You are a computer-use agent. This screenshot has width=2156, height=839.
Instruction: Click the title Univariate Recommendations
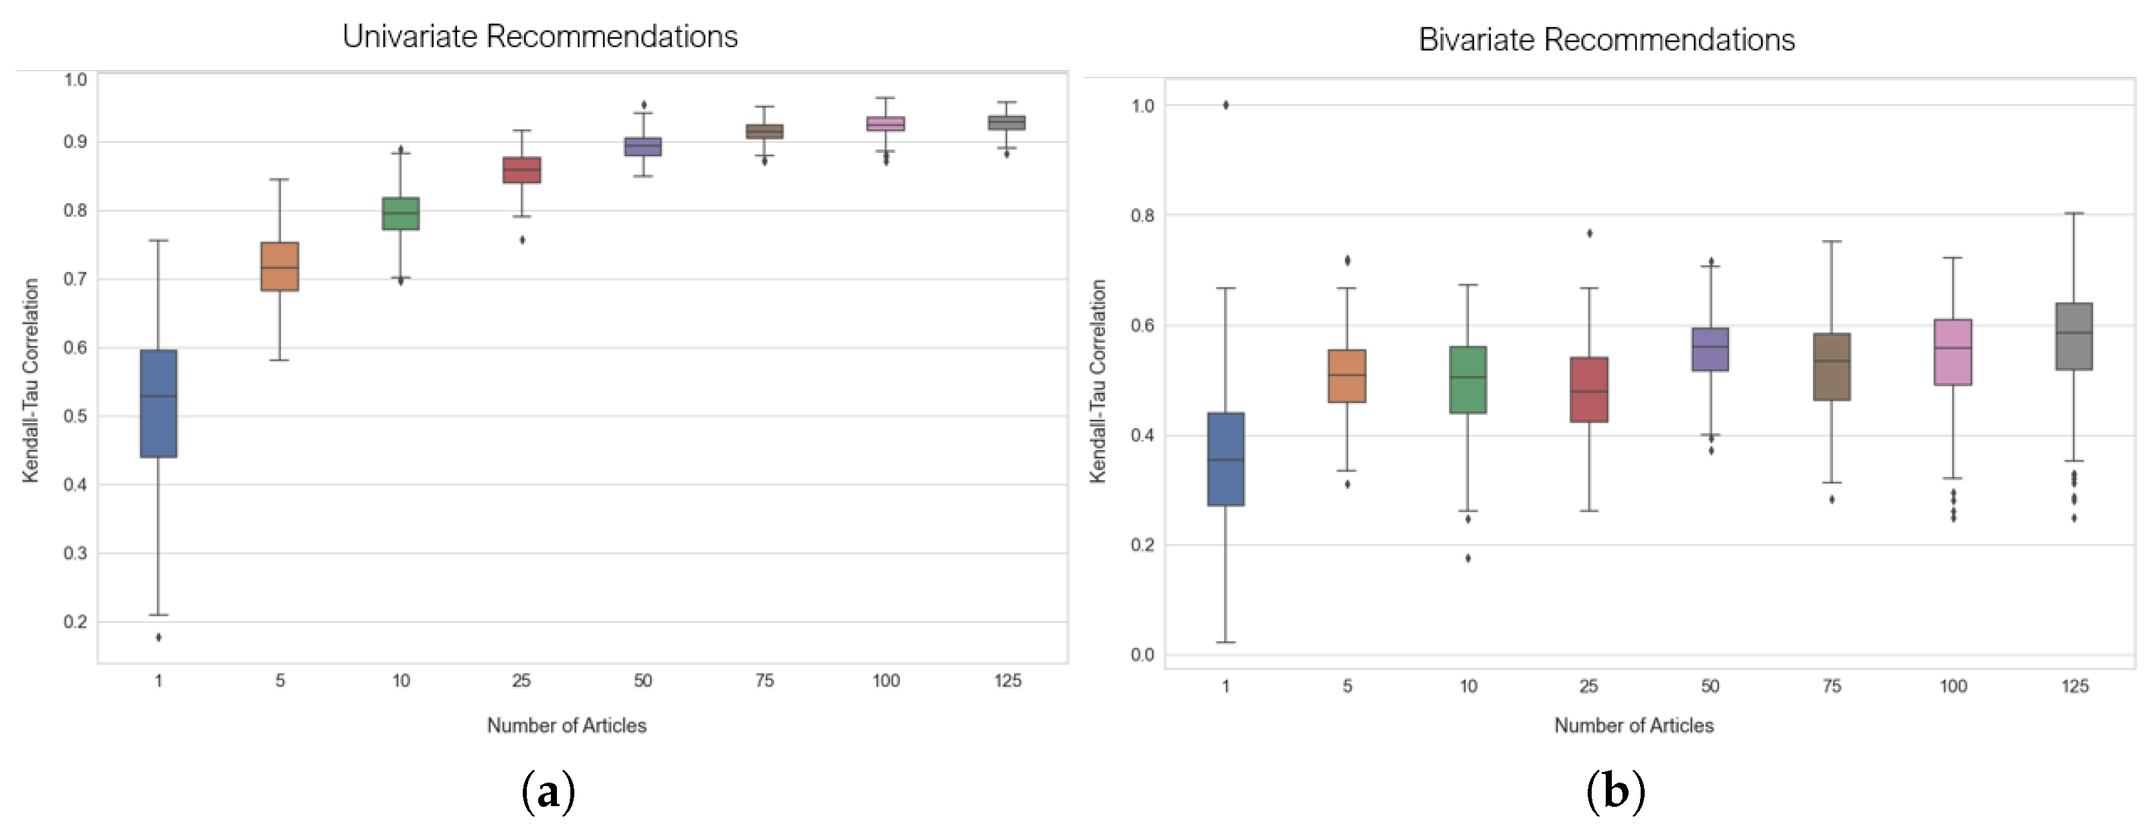(x=540, y=37)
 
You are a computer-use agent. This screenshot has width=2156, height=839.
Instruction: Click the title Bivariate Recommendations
(x=1606, y=40)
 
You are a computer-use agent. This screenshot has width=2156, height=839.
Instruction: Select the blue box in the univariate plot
(x=158, y=404)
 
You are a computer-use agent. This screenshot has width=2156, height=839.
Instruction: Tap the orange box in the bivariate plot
(x=1346, y=376)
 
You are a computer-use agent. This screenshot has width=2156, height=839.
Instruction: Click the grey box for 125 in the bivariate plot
(x=2074, y=336)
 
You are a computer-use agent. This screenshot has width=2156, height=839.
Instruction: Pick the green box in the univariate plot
(x=401, y=213)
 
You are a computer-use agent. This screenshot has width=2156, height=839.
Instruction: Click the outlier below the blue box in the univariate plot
(x=158, y=637)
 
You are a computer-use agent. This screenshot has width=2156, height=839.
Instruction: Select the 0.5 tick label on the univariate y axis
(x=75, y=416)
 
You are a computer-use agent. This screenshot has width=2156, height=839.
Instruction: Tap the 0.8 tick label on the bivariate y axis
(x=1143, y=215)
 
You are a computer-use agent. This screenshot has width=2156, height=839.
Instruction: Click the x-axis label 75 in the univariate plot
(x=764, y=681)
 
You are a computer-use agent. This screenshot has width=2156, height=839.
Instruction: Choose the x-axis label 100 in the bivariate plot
(x=1953, y=687)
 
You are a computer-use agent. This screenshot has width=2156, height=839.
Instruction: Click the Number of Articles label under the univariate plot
(x=566, y=725)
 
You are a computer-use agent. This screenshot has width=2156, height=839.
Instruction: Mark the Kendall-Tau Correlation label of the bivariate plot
(x=1097, y=381)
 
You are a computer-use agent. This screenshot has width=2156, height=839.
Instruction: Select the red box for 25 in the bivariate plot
(x=1588, y=390)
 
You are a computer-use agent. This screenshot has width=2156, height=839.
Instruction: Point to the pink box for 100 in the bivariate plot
(x=1953, y=351)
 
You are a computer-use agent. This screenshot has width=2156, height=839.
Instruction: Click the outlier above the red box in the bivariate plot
(x=1590, y=233)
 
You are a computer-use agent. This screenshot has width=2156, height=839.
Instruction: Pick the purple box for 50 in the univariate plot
(x=643, y=146)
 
